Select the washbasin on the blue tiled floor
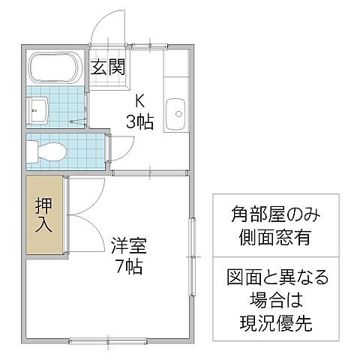38,110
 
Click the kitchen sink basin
178,114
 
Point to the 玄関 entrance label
108,67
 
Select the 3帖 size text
139,121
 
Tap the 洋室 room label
129,245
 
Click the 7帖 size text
129,265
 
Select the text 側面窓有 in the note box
275,238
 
